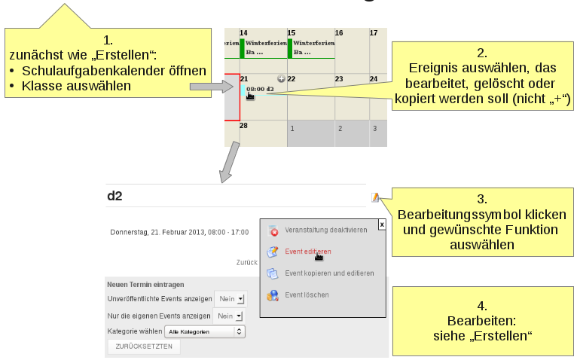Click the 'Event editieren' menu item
pyautogui.click(x=307, y=251)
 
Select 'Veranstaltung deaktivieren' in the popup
pyautogui.click(x=325, y=229)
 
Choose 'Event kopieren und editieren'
pyautogui.click(x=328, y=273)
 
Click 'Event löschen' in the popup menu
pyautogui.click(x=307, y=294)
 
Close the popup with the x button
pyautogui.click(x=382, y=224)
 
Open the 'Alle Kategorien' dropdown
pyautogui.click(x=206, y=331)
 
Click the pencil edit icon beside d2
pyautogui.click(x=375, y=197)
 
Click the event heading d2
pyautogui.click(x=114, y=196)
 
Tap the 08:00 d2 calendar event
pyautogui.click(x=260, y=89)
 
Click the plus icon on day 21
pyautogui.click(x=281, y=78)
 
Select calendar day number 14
pyautogui.click(x=243, y=33)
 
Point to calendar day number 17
pyautogui.click(x=373, y=33)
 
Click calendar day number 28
pyautogui.click(x=243, y=126)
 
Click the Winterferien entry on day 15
pyautogui.click(x=311, y=48)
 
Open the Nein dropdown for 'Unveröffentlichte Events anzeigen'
pyautogui.click(x=230, y=299)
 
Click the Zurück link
pyautogui.click(x=247, y=263)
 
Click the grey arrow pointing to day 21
pyautogui.click(x=205, y=87)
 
